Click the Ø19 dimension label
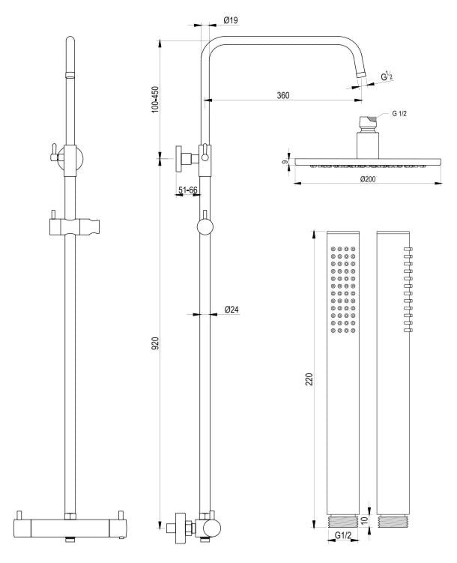230,20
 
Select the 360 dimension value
283,95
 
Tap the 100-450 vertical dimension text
155,99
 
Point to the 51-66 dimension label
187,191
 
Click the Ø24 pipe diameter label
231,310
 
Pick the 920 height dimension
155,346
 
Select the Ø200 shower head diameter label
367,179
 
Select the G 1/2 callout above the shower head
402,114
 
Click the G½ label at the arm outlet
387,77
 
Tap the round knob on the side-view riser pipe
205,227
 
